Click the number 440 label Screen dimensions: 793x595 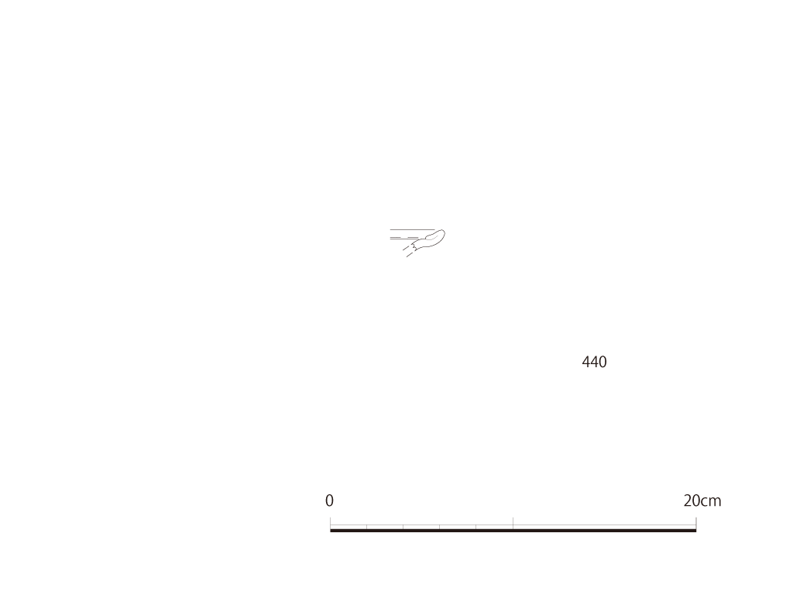tap(594, 362)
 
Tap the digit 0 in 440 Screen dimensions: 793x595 tap(602, 362)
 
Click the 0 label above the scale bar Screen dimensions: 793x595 tap(329, 501)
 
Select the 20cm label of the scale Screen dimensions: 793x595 tap(702, 501)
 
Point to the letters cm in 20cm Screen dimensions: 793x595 tap(712, 502)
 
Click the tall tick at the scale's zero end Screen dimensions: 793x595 tap(330, 523)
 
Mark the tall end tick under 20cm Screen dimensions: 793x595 tap(696, 523)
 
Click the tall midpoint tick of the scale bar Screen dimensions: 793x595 tap(513, 523)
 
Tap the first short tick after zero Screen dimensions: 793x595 tap(366, 527)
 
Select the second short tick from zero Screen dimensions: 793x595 tap(403, 527)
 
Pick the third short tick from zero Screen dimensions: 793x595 tap(440, 527)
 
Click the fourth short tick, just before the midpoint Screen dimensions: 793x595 tap(476, 527)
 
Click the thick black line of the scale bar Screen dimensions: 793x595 tap(513, 530)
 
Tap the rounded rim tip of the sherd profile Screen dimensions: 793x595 tap(444, 234)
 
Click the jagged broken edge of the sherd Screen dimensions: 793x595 tap(415, 246)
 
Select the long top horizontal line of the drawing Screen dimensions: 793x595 tap(412, 229)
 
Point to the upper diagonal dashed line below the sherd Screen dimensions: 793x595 tap(407, 247)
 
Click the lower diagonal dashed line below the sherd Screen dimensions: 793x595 tap(410, 254)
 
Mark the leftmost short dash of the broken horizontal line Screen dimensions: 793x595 tap(397, 238)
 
